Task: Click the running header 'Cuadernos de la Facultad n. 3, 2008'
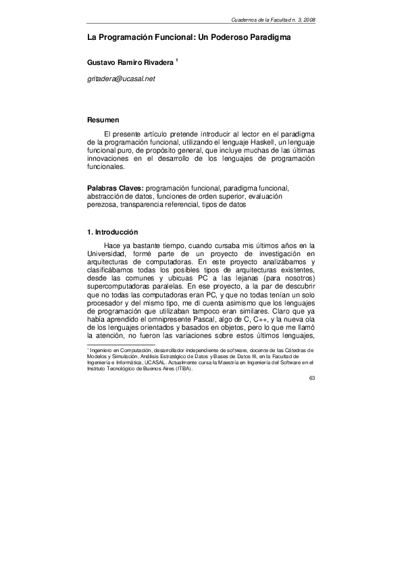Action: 268,21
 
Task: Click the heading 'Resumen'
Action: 103,120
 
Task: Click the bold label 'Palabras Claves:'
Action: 116,187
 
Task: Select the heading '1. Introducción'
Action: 117,232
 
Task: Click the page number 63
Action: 311,377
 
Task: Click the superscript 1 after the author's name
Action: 177,59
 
